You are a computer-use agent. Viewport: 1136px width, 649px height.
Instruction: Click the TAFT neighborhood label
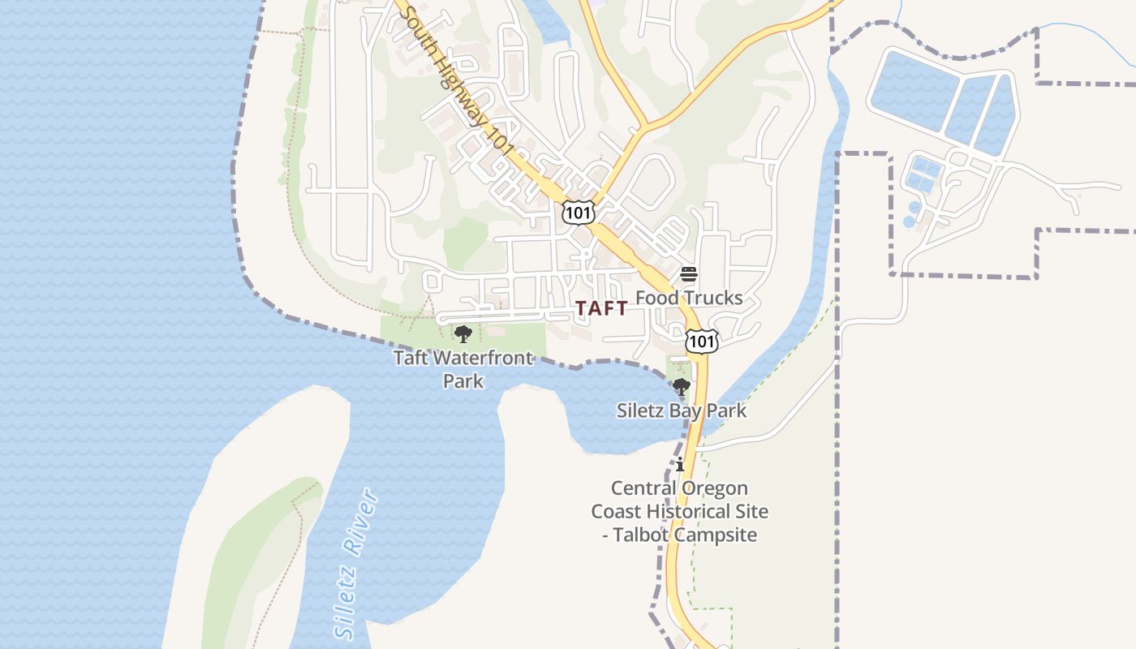(601, 308)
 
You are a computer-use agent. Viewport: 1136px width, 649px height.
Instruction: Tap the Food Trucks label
(689, 298)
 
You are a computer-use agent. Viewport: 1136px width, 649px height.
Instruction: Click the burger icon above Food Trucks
(689, 274)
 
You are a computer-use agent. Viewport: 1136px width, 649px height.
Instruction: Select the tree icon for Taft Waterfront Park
(463, 334)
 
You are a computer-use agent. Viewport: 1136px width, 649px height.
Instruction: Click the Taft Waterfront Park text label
(463, 369)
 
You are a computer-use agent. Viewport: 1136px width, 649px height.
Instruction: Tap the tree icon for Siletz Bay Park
(682, 387)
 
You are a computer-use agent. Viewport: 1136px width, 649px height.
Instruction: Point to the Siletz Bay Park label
(682, 410)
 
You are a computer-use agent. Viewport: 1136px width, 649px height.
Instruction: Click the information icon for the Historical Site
(680, 465)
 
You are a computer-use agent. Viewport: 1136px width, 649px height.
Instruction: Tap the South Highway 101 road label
(458, 81)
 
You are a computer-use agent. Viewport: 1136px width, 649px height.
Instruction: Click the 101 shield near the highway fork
(578, 213)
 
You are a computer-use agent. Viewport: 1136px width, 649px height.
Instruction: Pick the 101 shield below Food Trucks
(701, 342)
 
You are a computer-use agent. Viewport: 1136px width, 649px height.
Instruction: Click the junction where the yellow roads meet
(643, 127)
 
